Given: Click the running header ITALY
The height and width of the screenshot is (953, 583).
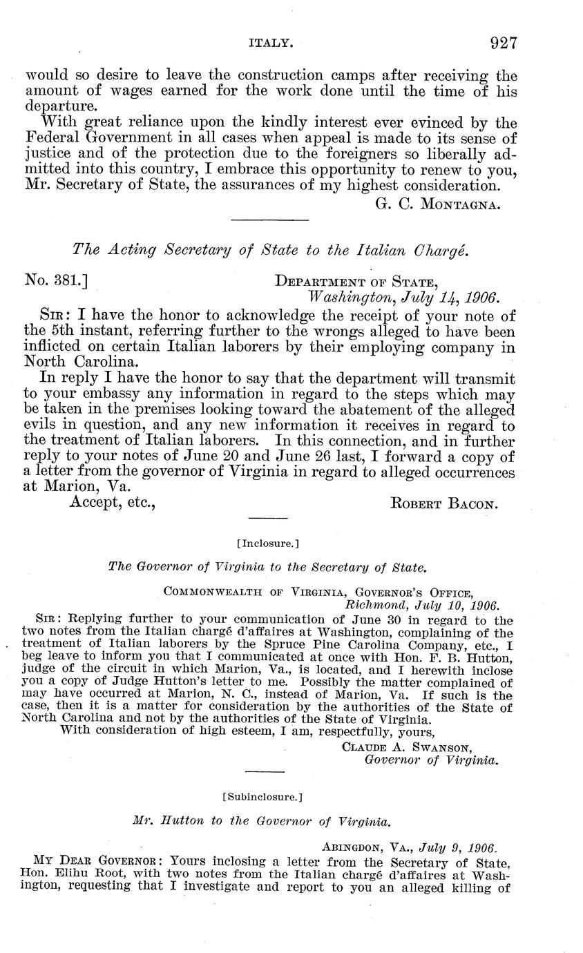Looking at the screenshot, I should (271, 44).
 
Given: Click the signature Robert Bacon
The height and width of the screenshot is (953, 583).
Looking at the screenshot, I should (443, 504).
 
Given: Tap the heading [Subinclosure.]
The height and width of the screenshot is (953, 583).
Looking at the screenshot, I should (262, 796).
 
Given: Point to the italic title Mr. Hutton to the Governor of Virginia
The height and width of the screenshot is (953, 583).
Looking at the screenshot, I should (262, 822).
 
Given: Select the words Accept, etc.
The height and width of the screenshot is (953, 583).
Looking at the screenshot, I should (112, 503).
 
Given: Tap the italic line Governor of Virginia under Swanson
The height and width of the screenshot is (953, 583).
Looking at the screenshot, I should (431, 760).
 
